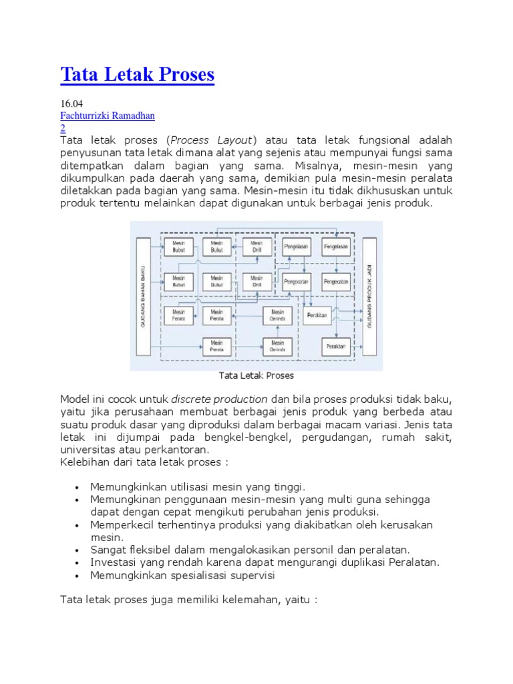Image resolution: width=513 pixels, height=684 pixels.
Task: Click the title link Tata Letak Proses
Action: [137, 74]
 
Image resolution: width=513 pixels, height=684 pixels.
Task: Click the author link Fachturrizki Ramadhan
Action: [107, 116]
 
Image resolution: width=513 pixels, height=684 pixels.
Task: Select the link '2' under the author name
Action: [63, 128]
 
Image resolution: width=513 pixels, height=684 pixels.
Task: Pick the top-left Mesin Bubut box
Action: [178, 246]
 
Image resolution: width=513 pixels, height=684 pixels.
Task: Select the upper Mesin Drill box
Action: [257, 246]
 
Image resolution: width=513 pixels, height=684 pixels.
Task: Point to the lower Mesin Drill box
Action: [257, 281]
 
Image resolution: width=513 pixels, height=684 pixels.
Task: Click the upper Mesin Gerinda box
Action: [277, 315]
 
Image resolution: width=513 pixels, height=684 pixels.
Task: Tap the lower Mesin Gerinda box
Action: [277, 346]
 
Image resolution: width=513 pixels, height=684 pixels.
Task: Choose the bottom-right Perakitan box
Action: [336, 347]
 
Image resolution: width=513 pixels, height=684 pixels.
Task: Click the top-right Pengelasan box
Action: [336, 246]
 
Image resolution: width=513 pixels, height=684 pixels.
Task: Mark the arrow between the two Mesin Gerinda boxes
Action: [277, 331]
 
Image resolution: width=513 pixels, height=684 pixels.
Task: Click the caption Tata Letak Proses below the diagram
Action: [256, 376]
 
